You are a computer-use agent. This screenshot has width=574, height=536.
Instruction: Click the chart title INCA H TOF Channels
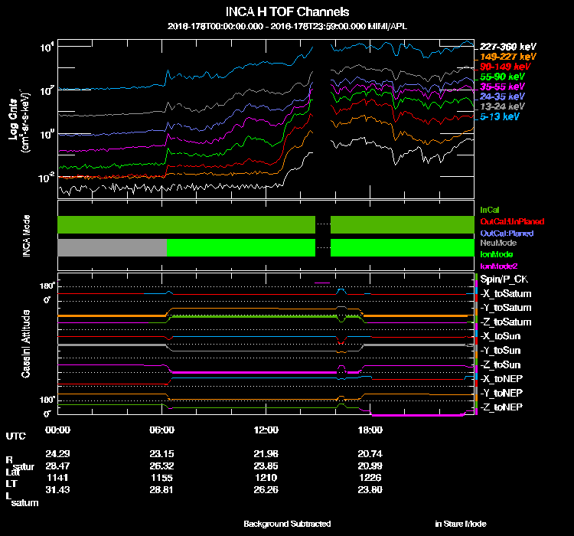click(x=288, y=12)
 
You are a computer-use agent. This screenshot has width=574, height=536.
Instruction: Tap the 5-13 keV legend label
click(x=501, y=117)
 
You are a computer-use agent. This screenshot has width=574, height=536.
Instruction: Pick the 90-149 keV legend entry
click(x=502, y=67)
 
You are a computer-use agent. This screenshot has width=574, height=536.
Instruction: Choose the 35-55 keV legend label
click(x=502, y=87)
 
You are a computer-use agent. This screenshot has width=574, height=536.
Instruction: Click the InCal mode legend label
click(x=490, y=209)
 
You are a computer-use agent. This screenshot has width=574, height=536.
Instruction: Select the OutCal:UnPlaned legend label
click(x=507, y=221)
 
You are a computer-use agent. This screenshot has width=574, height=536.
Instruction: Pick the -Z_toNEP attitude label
click(x=502, y=407)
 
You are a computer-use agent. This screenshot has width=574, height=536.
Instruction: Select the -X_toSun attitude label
click(x=502, y=336)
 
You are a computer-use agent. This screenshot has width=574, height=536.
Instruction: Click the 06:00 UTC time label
click(x=162, y=430)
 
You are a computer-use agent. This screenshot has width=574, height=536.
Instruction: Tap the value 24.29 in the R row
click(x=58, y=454)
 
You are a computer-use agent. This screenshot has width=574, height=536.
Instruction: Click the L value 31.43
click(x=58, y=489)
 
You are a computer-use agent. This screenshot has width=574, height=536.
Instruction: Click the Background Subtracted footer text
click(x=287, y=524)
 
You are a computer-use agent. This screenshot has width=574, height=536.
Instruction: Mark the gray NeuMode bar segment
click(x=112, y=247)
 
